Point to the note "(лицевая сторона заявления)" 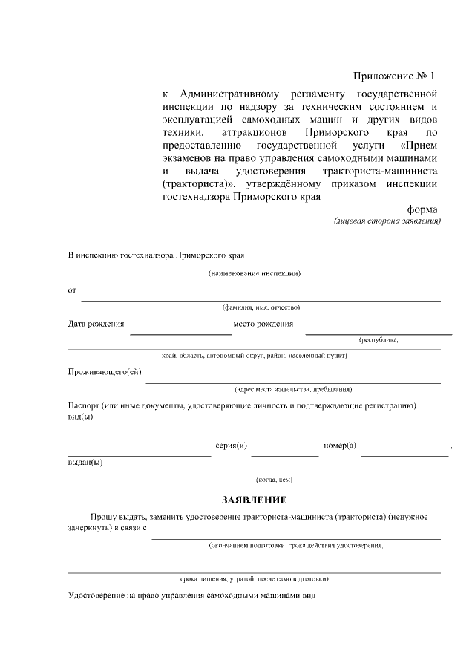pos(387,221)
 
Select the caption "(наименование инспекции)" pos(254,274)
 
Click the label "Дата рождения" pos(96,324)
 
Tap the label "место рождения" pos(263,324)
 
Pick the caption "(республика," pos(379,340)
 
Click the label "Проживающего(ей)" pos(105,372)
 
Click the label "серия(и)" pos(231,445)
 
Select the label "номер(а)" pos(340,445)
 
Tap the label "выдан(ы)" pos(85,463)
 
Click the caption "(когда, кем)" pos(274,480)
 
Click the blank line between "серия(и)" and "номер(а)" pos(284,454)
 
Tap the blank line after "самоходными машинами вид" pos(380,606)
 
